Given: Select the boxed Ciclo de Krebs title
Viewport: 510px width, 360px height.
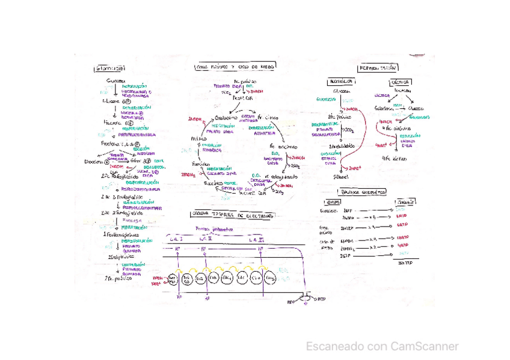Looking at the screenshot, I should [x=235, y=67].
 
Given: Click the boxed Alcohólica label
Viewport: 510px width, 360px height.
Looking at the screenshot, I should [x=341, y=82].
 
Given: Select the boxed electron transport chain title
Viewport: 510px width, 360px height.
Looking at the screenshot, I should [x=231, y=215].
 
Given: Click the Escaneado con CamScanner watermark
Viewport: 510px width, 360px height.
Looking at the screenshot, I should [x=382, y=346].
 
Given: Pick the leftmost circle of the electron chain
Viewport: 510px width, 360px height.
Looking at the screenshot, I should [x=172, y=279].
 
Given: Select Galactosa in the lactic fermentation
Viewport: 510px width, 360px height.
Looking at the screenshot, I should [x=382, y=109].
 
